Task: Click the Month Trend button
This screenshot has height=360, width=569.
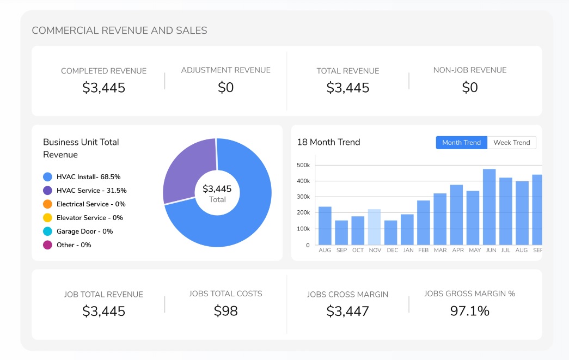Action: tap(461, 143)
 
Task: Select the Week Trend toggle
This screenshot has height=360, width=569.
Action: tap(511, 143)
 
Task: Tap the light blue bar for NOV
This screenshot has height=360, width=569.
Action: tap(374, 227)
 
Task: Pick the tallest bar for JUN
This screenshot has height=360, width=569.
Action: tap(489, 207)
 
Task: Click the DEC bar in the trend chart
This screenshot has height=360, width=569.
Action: tap(390, 233)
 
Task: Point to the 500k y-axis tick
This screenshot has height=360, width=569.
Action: tap(303, 165)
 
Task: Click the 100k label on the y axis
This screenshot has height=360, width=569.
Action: tap(303, 229)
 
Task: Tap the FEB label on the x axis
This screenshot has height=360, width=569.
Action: tap(424, 251)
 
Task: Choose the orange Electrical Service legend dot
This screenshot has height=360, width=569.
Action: tap(47, 204)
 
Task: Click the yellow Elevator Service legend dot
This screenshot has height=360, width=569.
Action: tap(47, 218)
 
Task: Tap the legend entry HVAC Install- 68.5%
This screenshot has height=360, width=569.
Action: tap(88, 177)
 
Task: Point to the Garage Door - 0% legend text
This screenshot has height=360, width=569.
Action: tap(84, 231)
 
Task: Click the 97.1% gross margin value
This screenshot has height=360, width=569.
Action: tap(469, 311)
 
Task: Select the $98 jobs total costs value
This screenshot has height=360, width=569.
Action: tap(225, 311)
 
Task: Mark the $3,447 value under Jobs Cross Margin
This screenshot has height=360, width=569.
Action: tap(347, 312)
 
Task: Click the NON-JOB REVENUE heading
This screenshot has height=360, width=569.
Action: tap(469, 70)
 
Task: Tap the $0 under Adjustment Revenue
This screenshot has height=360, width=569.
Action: tap(225, 87)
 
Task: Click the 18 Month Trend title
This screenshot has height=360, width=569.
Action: tap(328, 142)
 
